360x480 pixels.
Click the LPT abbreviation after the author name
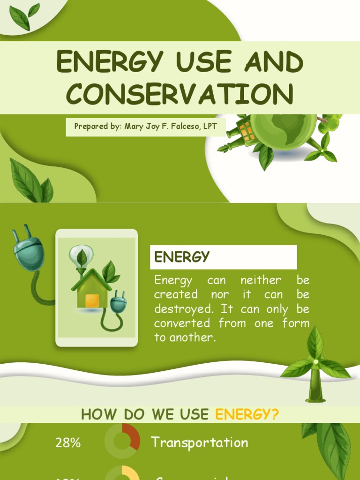(210, 127)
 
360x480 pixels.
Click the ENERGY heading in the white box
(182, 257)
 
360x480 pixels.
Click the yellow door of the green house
(92, 300)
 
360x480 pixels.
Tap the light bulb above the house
(81, 256)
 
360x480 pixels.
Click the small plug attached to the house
(118, 303)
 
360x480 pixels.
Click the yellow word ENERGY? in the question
(247, 414)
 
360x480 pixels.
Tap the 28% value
(68, 443)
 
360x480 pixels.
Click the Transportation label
(199, 442)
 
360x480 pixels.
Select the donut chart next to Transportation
(122, 441)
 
